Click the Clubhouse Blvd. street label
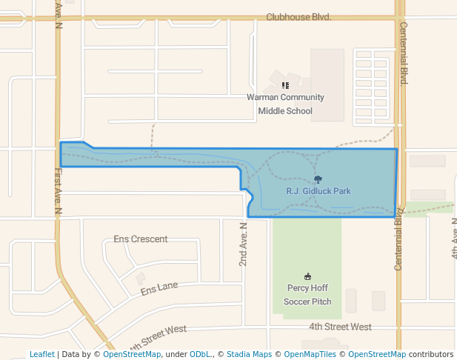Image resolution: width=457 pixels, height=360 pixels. point(298,16)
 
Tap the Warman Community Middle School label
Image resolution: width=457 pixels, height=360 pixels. point(285,104)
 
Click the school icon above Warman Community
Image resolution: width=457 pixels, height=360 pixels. point(285,85)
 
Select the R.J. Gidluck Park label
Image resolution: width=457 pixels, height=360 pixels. point(318,191)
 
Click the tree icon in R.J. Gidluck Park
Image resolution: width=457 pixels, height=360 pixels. point(318,179)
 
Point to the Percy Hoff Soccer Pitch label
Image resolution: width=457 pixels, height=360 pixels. point(308,295)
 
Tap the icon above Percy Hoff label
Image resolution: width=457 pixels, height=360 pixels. point(308,277)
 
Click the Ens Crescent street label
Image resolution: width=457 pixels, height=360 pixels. point(141,239)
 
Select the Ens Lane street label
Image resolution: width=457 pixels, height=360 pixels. point(159,287)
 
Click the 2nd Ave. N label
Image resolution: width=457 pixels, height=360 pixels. point(242,244)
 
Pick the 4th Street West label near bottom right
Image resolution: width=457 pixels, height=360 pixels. point(340,327)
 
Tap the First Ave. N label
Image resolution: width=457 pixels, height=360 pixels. point(59,191)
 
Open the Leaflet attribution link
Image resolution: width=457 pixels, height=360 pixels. point(42,354)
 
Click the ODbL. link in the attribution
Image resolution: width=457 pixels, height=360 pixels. point(200,354)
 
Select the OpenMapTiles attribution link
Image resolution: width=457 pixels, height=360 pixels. point(310,354)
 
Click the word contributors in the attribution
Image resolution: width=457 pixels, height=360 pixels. point(431,354)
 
